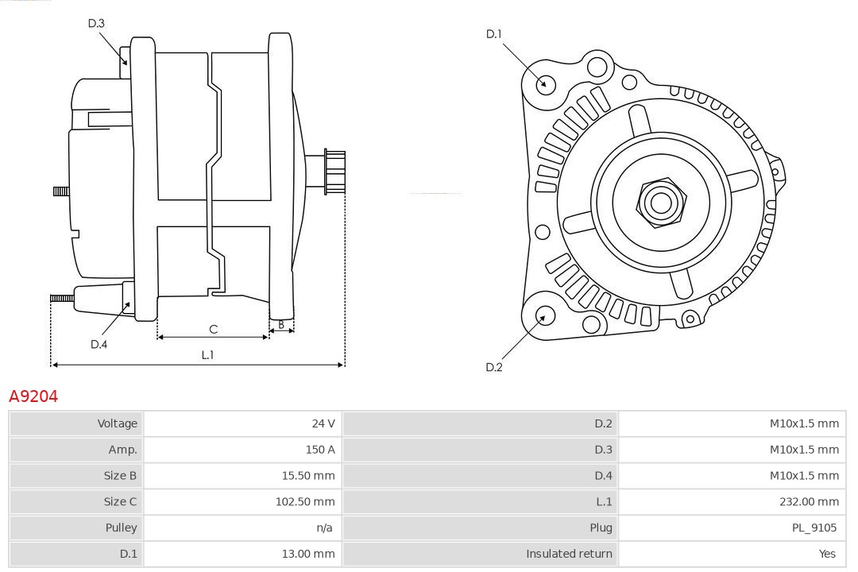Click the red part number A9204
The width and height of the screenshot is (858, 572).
click(33, 396)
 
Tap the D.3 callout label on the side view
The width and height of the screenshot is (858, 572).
click(96, 23)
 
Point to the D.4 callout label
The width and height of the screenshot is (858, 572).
click(99, 344)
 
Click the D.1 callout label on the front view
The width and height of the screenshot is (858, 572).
click(494, 33)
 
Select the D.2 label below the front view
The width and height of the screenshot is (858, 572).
click(494, 367)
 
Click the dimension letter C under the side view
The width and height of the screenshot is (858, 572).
click(213, 329)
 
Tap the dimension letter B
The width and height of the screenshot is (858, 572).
click(280, 324)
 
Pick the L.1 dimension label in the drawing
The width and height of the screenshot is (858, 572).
click(207, 355)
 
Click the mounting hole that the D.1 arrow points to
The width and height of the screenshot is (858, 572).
click(546, 83)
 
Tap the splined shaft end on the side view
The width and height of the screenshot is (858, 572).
click(334, 172)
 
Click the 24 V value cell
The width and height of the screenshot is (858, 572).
click(323, 423)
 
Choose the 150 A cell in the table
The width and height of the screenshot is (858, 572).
click(320, 450)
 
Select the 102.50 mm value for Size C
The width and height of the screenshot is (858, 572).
click(305, 501)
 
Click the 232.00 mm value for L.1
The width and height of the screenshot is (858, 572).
click(809, 501)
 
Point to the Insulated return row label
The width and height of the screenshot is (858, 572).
click(569, 554)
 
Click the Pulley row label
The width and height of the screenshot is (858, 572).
click(121, 528)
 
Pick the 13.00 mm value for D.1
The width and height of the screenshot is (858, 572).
click(308, 554)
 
